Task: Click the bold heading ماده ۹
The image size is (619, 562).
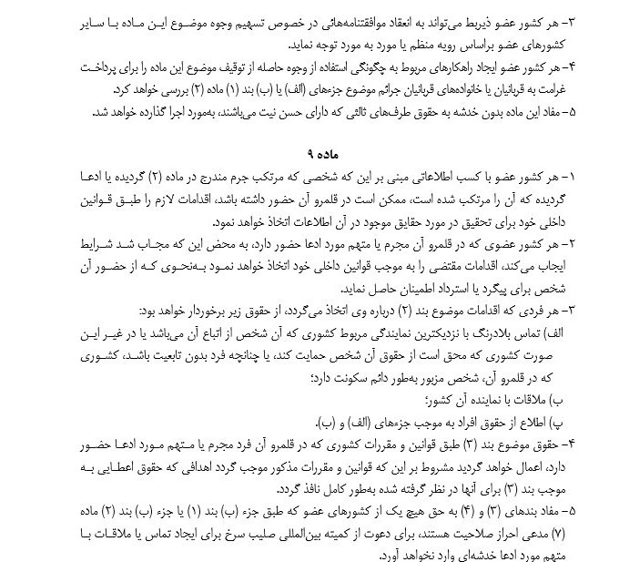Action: coord(309,147)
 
